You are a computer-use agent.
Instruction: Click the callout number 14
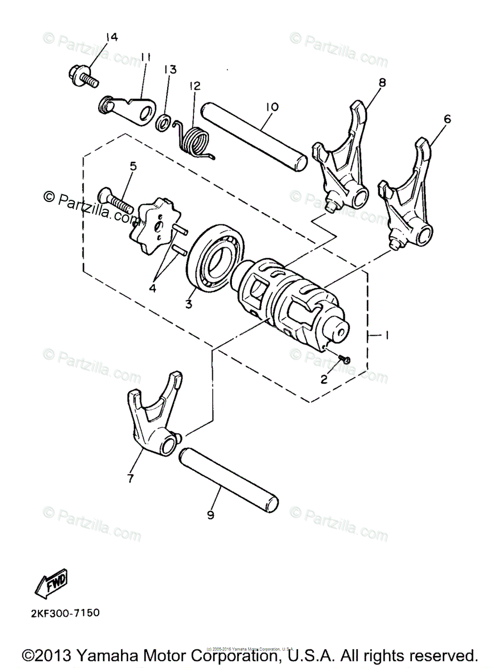[111, 37]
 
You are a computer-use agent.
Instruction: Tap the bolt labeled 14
[82, 75]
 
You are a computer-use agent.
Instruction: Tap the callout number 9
[210, 515]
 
